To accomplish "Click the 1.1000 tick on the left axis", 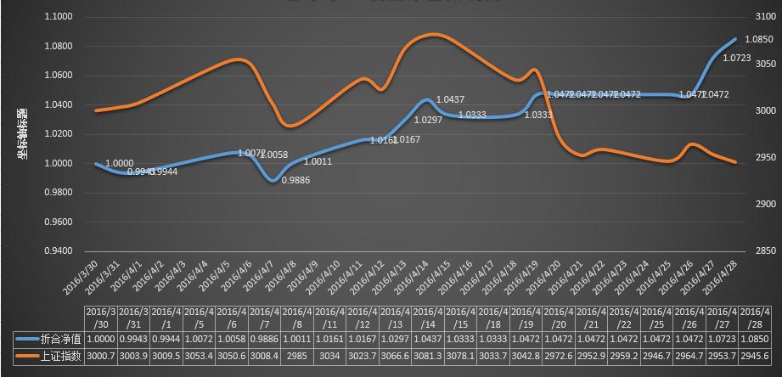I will [x=59, y=17].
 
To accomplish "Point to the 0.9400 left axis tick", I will [x=59, y=250].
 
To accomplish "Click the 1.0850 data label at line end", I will [x=757, y=39].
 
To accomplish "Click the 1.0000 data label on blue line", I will [x=118, y=162].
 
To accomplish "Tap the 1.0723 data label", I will [x=735, y=59].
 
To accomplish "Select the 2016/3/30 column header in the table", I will [x=100, y=317].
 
